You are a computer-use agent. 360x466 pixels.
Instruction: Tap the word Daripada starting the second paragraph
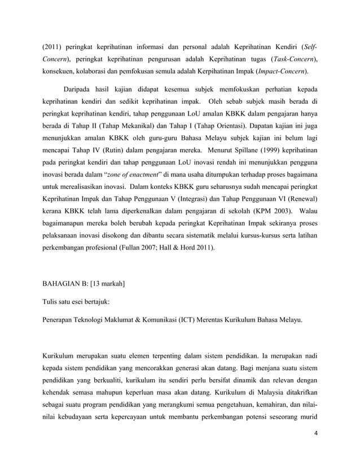pos(81,90)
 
